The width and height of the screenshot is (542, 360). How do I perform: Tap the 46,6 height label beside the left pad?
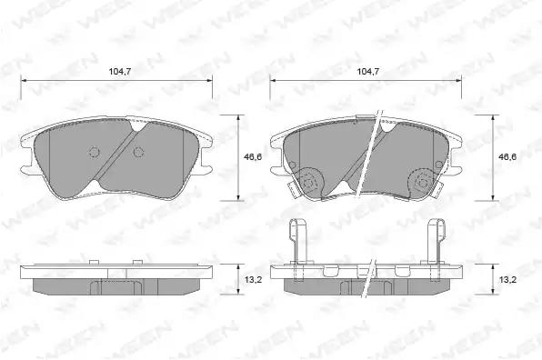tap(253, 157)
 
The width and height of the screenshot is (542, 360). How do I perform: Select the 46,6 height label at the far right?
tap(507, 157)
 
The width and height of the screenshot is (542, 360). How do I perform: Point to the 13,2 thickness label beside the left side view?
tap(254, 279)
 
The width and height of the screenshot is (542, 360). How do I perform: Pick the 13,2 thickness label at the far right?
tap(507, 279)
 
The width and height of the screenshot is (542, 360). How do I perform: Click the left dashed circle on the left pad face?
tap(94, 152)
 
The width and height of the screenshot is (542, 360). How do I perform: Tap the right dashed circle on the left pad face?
tap(138, 152)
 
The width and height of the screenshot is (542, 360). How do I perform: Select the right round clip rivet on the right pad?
tap(423, 182)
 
